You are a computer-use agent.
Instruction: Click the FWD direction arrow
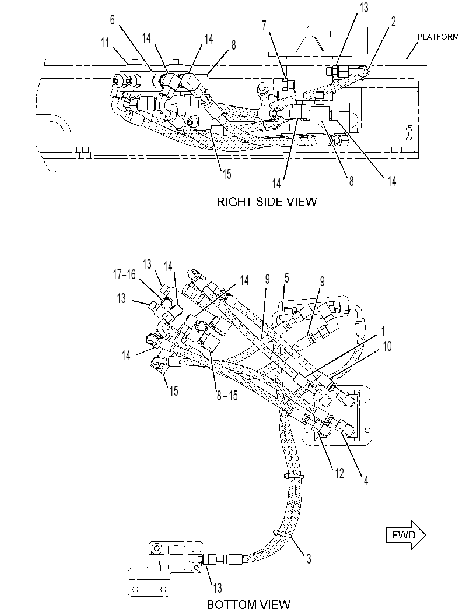pos(406,534)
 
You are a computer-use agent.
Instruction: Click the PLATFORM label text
pos(437,37)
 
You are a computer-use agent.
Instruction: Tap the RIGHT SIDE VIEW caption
pos(267,202)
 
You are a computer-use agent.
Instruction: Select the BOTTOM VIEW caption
pos(248,604)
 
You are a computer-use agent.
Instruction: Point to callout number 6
pos(113,20)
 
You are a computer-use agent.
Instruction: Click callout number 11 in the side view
pos(104,43)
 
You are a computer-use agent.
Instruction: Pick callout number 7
pos(264,26)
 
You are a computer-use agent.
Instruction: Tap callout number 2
pos(393,22)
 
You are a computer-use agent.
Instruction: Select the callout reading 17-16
pos(124,274)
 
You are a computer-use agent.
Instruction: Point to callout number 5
pos(286,278)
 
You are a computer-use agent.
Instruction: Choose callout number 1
pos(383,331)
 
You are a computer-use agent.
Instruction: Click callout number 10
pos(387,346)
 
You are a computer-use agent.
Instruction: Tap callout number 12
pos(339,473)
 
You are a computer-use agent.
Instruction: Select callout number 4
pos(366,480)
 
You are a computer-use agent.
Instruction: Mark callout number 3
pos(309,558)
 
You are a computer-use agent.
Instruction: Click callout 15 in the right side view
pos(227,174)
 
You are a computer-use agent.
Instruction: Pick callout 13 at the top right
pos(364,8)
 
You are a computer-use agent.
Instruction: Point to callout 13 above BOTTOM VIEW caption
pos(218,588)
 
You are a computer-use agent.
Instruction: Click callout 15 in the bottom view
pos(174,391)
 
